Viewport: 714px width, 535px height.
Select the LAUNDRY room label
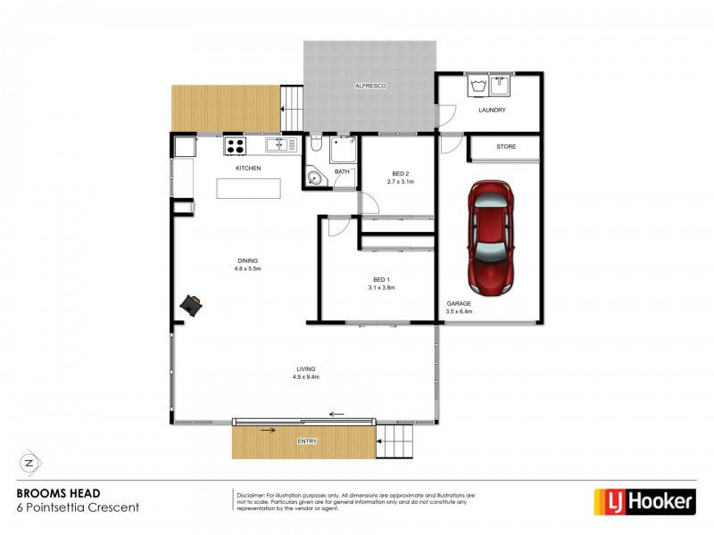coord(492,111)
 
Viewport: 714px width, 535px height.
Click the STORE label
coord(506,145)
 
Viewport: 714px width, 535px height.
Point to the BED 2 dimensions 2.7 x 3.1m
coord(401,182)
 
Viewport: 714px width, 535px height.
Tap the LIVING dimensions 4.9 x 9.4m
coord(306,377)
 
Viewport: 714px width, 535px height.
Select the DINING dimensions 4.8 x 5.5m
coord(247,268)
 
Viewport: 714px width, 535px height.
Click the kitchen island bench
coord(248,188)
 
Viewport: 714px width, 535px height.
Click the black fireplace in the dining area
coord(192,306)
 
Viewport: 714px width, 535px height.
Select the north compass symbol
coord(29,463)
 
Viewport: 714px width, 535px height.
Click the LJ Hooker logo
coord(644,502)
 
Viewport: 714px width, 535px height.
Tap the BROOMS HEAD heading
coord(59,493)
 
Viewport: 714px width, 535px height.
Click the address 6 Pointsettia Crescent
coord(79,507)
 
